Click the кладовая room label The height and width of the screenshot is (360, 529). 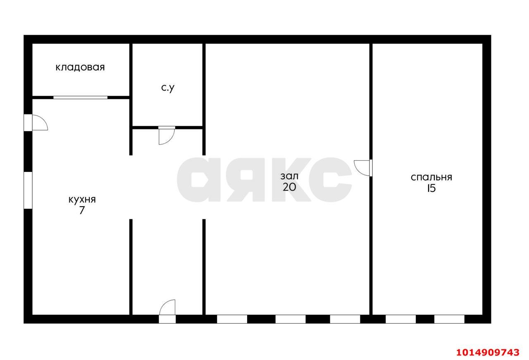pos(80,67)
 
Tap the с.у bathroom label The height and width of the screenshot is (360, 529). pos(168,88)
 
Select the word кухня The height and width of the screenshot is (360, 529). pos(82,200)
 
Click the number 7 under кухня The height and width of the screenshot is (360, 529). pos(82,210)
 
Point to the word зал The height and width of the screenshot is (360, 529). pos(289,176)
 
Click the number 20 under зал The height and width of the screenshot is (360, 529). pos(289,187)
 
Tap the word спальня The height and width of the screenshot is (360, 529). pos(431,177)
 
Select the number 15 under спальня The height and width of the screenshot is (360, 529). pos(431,188)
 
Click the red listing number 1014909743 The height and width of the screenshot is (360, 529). pos(488,353)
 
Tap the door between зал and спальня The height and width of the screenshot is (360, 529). pos(363,168)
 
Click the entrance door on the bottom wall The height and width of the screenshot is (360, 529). pos(167,311)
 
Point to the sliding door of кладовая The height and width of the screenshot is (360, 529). pos(80,97)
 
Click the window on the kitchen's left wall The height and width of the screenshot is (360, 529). pos(28,191)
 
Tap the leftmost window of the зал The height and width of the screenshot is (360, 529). pos(232,319)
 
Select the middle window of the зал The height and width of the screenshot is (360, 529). pos(291,319)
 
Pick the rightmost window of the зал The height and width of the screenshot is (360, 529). pos(345,319)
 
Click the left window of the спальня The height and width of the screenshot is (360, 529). pos(401,319)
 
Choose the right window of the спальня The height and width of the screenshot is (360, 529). pos(449,319)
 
